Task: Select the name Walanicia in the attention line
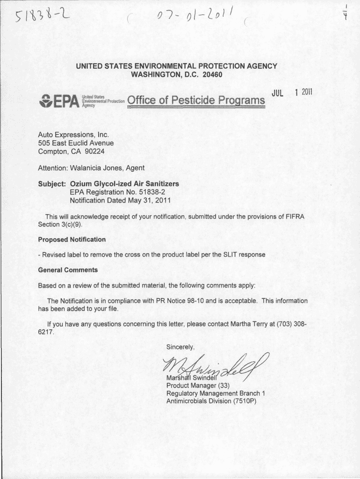[88, 167]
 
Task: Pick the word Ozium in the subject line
[80, 183]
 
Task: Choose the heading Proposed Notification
[72, 239]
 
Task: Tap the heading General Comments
[67, 270]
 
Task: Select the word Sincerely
[180, 347]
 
